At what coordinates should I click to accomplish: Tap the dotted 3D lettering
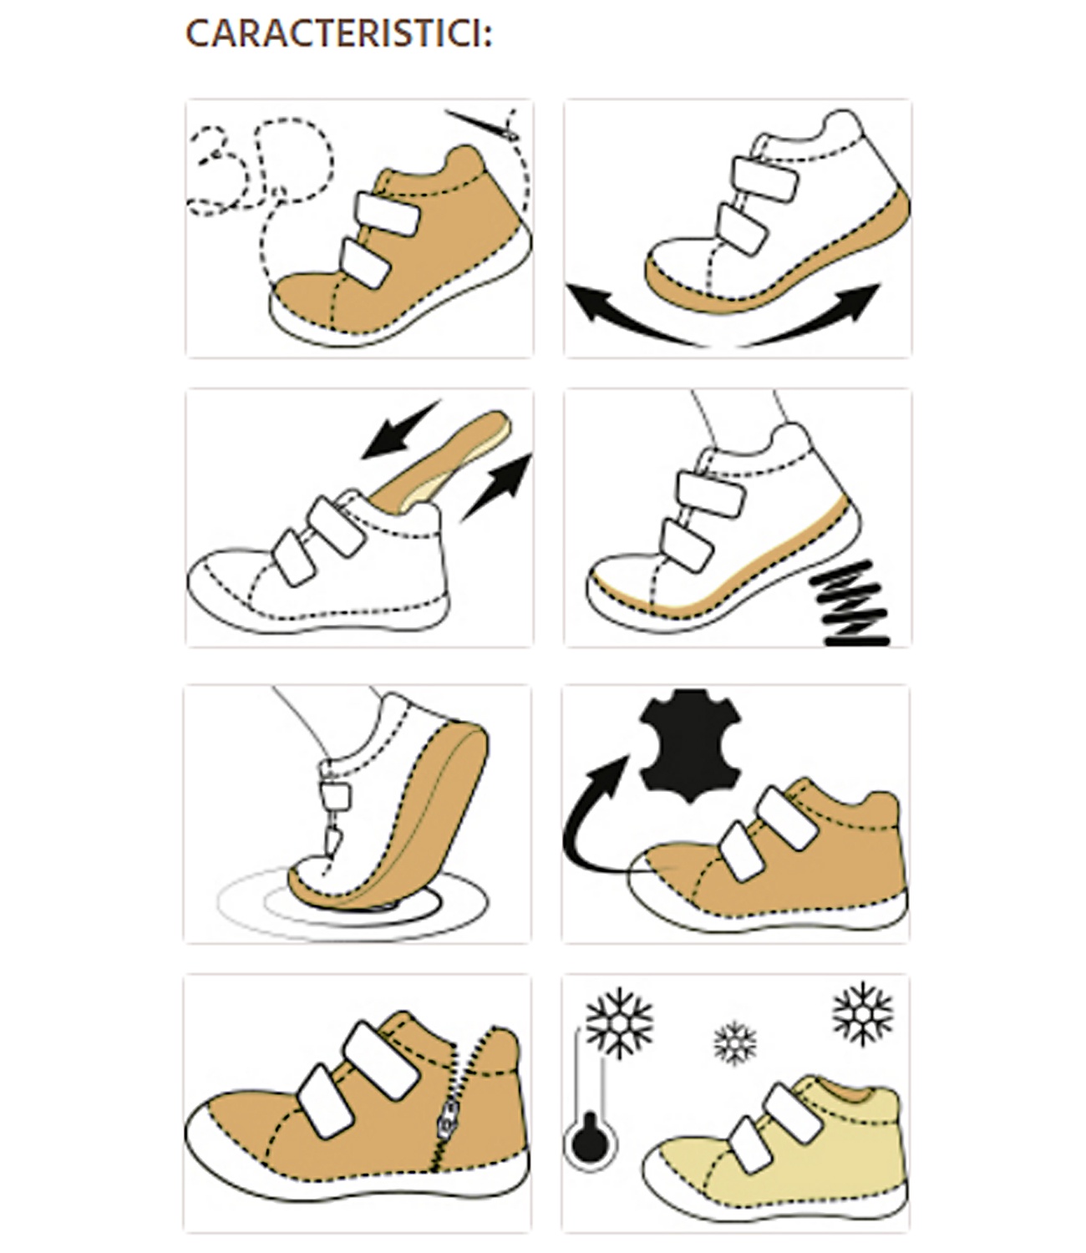(x=261, y=168)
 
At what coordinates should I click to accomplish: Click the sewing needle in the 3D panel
(x=482, y=125)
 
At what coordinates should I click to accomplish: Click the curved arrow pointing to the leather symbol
(x=588, y=819)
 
